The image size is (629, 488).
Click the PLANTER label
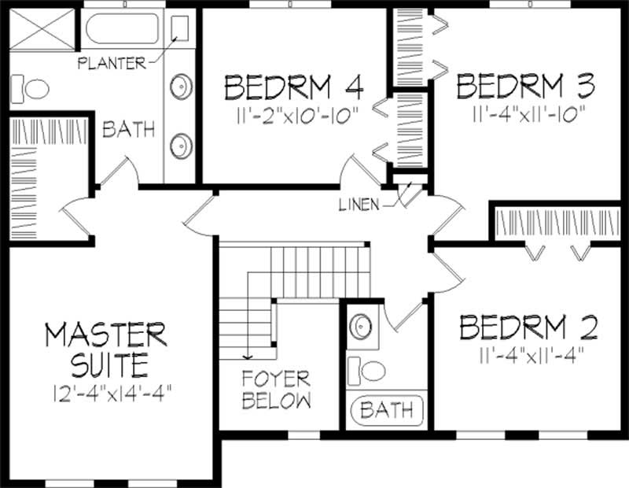coord(112,63)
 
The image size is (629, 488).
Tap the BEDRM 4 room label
coord(294,87)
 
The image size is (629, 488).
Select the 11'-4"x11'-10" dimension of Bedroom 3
coord(529,115)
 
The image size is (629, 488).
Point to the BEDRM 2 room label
coord(528,327)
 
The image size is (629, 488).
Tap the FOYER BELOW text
coord(277,390)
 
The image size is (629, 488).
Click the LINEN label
coord(359,205)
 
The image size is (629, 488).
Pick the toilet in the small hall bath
coord(366,370)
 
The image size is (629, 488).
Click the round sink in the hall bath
coord(361,326)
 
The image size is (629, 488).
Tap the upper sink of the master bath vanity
coord(182,86)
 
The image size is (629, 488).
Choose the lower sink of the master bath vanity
coord(182,146)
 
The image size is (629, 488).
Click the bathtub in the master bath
coord(123,29)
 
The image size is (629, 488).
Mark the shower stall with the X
coord(42,28)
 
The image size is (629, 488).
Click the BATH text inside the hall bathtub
coord(386,410)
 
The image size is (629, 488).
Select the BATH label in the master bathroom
coord(128,129)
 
